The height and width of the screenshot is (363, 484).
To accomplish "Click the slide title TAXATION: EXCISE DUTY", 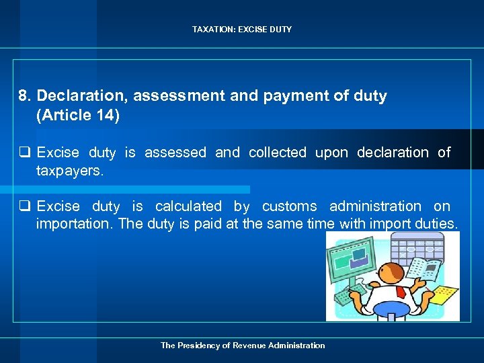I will (x=242, y=30).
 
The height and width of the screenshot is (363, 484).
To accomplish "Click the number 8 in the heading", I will (x=24, y=96).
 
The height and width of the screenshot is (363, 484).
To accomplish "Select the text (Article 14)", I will (x=78, y=115).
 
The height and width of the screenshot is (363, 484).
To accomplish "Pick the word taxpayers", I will (x=70, y=171).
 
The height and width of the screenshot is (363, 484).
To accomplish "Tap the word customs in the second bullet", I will (x=289, y=206).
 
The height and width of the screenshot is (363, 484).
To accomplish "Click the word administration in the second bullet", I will (x=375, y=206).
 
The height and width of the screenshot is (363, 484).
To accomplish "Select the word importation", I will (x=75, y=224).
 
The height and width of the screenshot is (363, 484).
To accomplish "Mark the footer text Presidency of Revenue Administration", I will (x=242, y=346).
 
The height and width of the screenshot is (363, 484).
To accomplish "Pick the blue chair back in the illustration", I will (x=391, y=311).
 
